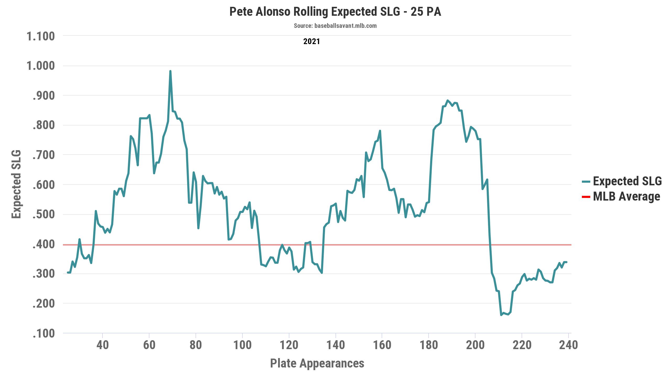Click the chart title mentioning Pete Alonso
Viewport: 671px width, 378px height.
tap(335, 12)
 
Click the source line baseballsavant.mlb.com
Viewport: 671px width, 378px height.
tap(335, 26)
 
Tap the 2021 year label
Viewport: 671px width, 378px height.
tap(312, 41)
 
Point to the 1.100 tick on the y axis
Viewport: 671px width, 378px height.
tap(41, 36)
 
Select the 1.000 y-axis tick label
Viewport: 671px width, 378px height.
tap(41, 66)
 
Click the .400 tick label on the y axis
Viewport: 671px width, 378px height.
tap(44, 245)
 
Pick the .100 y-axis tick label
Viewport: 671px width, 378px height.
tap(44, 334)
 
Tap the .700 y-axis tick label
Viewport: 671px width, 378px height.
tap(44, 155)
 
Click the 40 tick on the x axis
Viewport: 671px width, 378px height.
tap(102, 345)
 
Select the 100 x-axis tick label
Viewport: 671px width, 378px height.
tap(242, 345)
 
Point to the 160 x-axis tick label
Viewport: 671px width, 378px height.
tap(382, 345)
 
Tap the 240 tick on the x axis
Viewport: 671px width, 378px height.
tap(568, 345)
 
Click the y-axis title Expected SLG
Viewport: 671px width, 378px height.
tap(17, 184)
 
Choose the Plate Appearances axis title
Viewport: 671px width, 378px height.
tap(317, 363)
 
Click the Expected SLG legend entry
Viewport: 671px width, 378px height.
tap(627, 181)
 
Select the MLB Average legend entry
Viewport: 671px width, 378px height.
tap(626, 196)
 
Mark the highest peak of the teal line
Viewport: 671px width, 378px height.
tap(170, 71)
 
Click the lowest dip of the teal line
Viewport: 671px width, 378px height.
tap(501, 315)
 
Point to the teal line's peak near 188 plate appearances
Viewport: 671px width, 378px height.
tap(447, 101)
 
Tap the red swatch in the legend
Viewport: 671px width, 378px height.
tap(586, 197)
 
